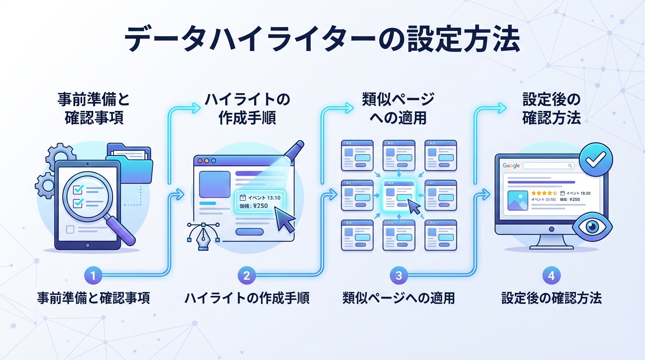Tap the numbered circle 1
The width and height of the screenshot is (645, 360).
pos(93,276)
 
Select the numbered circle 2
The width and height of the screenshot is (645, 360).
pos(247,276)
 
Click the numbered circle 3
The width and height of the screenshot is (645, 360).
pos(399,276)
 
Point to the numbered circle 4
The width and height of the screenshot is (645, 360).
pos(551,276)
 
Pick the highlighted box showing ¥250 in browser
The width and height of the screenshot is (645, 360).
pos(259,202)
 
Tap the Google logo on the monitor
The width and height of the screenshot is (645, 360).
pos(511,165)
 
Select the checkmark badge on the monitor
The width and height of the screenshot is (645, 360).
pos(596,160)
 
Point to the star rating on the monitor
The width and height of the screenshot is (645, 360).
pos(544,193)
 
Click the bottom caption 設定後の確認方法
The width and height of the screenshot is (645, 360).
pos(551,298)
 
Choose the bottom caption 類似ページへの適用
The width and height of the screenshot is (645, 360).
pos(398,298)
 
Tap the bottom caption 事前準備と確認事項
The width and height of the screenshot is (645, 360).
pos(93,298)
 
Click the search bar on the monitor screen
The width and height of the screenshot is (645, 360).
pos(548,165)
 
